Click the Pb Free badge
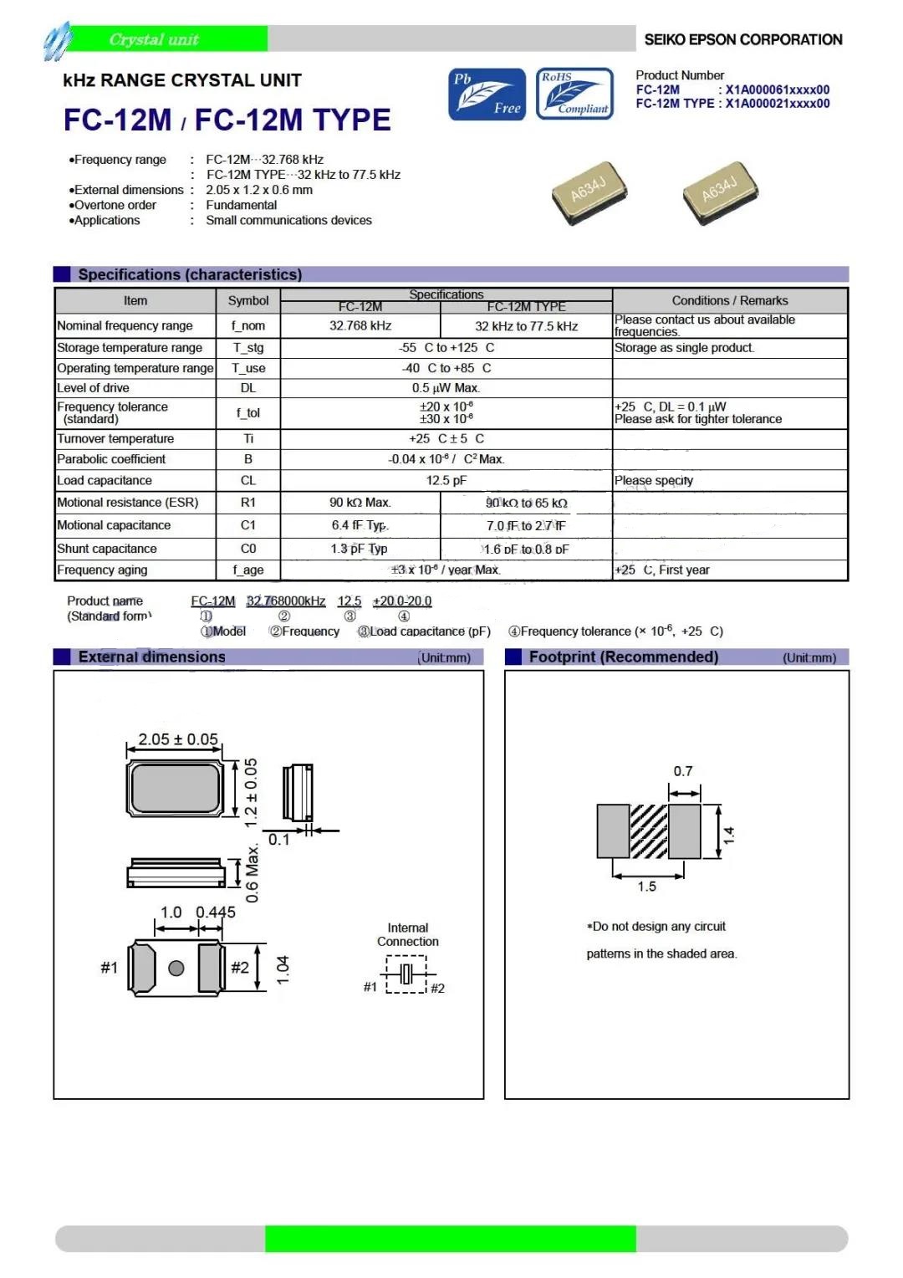487,95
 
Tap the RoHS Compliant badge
574,94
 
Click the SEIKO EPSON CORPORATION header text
742,39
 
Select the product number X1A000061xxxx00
778,89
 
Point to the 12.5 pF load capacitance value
446,481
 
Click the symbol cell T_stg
248,348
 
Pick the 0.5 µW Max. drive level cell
446,388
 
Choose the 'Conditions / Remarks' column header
729,300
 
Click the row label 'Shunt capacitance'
107,549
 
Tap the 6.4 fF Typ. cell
360,525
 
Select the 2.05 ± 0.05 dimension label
178,739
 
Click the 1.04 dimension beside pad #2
283,969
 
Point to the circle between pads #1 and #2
176,969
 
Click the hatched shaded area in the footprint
648,831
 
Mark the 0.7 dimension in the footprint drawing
683,771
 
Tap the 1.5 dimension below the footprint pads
647,887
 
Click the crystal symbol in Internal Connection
406,974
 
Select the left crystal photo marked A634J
589,193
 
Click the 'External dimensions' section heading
151,657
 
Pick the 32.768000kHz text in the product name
286,601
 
